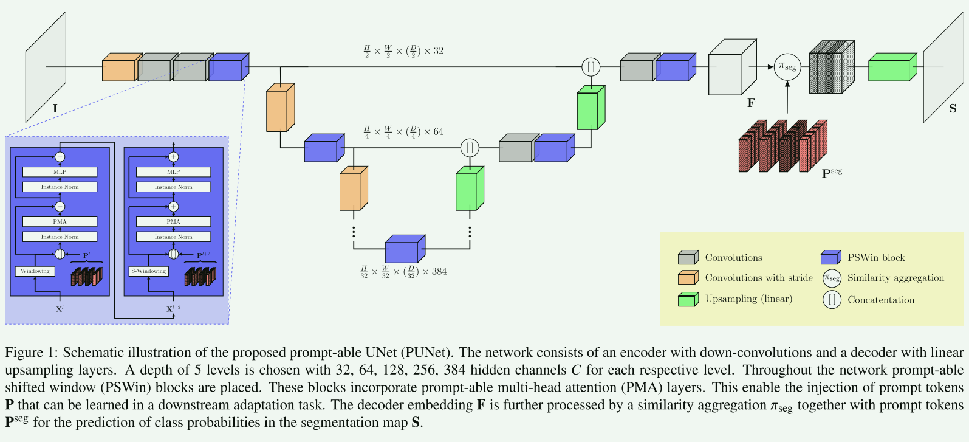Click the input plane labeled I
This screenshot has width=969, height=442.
pyautogui.click(x=46, y=67)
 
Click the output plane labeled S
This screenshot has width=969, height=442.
pyautogui.click(x=943, y=67)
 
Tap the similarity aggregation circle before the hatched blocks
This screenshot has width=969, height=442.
pyautogui.click(x=787, y=67)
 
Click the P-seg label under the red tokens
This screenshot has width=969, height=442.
pyautogui.click(x=832, y=173)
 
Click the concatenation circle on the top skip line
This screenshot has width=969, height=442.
pyautogui.click(x=591, y=67)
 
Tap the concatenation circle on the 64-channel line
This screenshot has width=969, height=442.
pyautogui.click(x=470, y=147)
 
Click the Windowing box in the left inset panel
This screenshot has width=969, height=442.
pyautogui.click(x=35, y=271)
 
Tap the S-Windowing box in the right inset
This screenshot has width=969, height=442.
pyautogui.click(x=149, y=271)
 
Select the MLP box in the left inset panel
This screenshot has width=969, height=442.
pyautogui.click(x=60, y=172)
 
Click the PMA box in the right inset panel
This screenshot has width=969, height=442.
pyautogui.click(x=173, y=222)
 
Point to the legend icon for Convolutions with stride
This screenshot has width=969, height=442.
pyautogui.click(x=688, y=278)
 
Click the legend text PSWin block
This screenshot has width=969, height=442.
pyautogui.click(x=876, y=258)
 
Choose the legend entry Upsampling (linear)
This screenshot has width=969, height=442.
pyautogui.click(x=748, y=299)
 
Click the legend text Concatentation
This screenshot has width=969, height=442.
pyautogui.click(x=880, y=300)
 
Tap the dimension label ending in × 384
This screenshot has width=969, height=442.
pyautogui.click(x=403, y=272)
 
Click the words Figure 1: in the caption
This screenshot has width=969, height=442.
pyautogui.click(x=32, y=353)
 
